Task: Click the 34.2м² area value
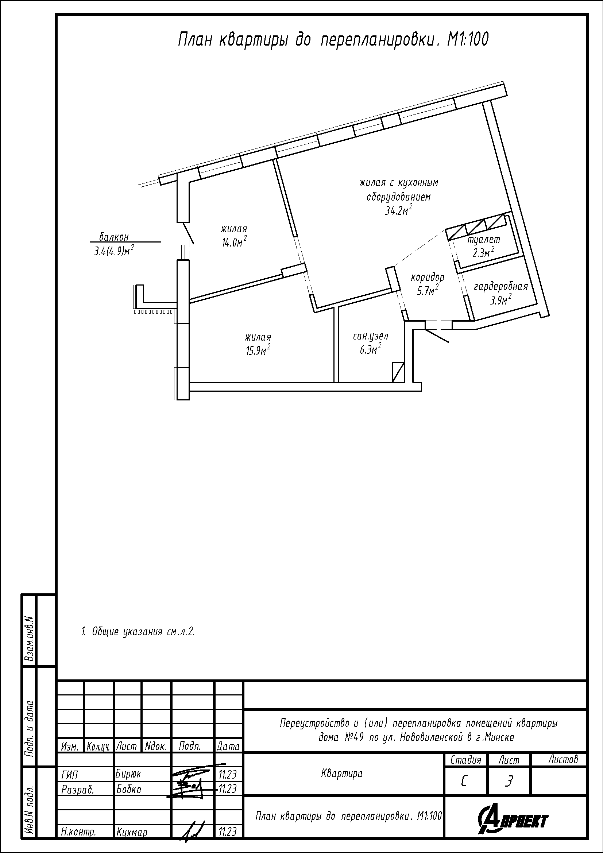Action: pos(399,211)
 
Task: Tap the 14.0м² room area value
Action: pos(234,242)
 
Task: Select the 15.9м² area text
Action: pos(258,350)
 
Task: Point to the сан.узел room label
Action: pos(370,337)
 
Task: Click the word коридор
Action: pos(427,278)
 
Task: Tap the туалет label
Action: pos(483,240)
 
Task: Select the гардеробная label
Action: pos(500,287)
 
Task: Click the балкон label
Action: pos(114,237)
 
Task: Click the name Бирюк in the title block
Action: pos(128,774)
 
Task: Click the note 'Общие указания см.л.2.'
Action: pos(138,632)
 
